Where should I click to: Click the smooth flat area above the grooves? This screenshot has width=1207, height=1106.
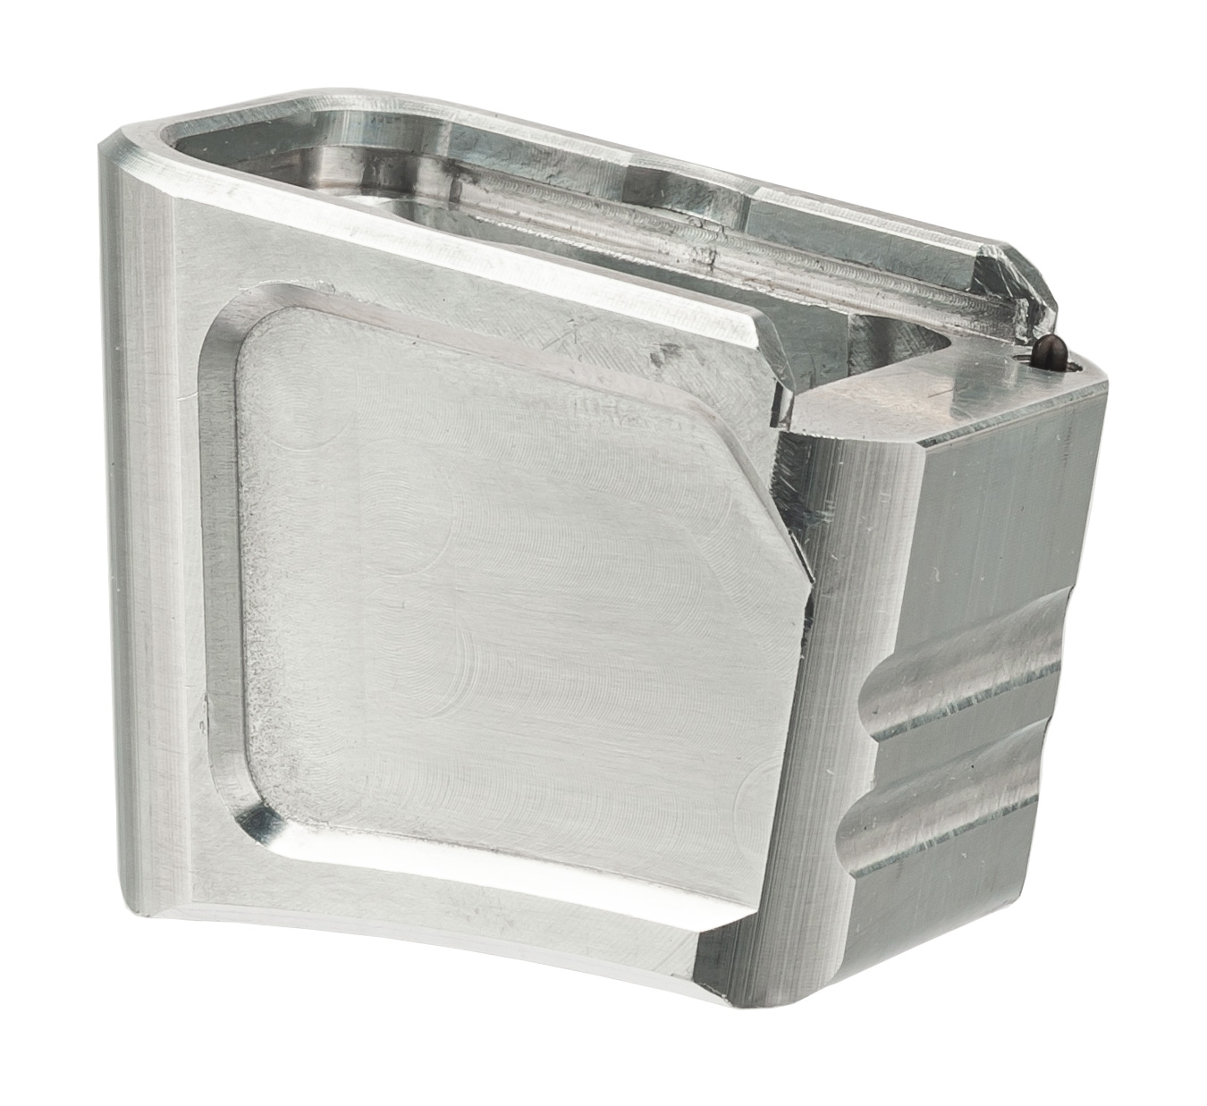[992, 519]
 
